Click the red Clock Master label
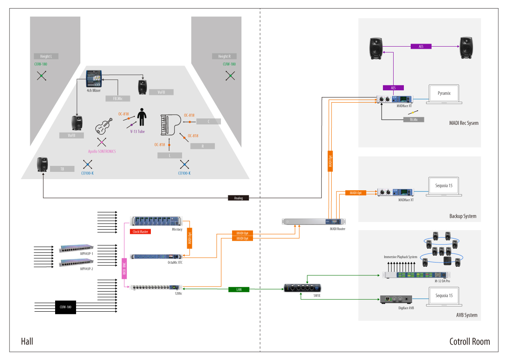(141, 231)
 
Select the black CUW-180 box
(65, 307)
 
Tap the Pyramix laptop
(444, 94)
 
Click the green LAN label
(239, 289)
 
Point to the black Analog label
(238, 198)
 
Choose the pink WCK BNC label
(124, 269)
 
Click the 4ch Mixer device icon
(94, 77)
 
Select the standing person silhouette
(141, 117)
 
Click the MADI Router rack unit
(314, 221)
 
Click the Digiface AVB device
(396, 299)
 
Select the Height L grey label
(46, 56)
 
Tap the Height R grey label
(224, 56)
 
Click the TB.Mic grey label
(414, 120)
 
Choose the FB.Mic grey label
(118, 98)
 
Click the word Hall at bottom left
(27, 342)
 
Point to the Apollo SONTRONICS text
(102, 151)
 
